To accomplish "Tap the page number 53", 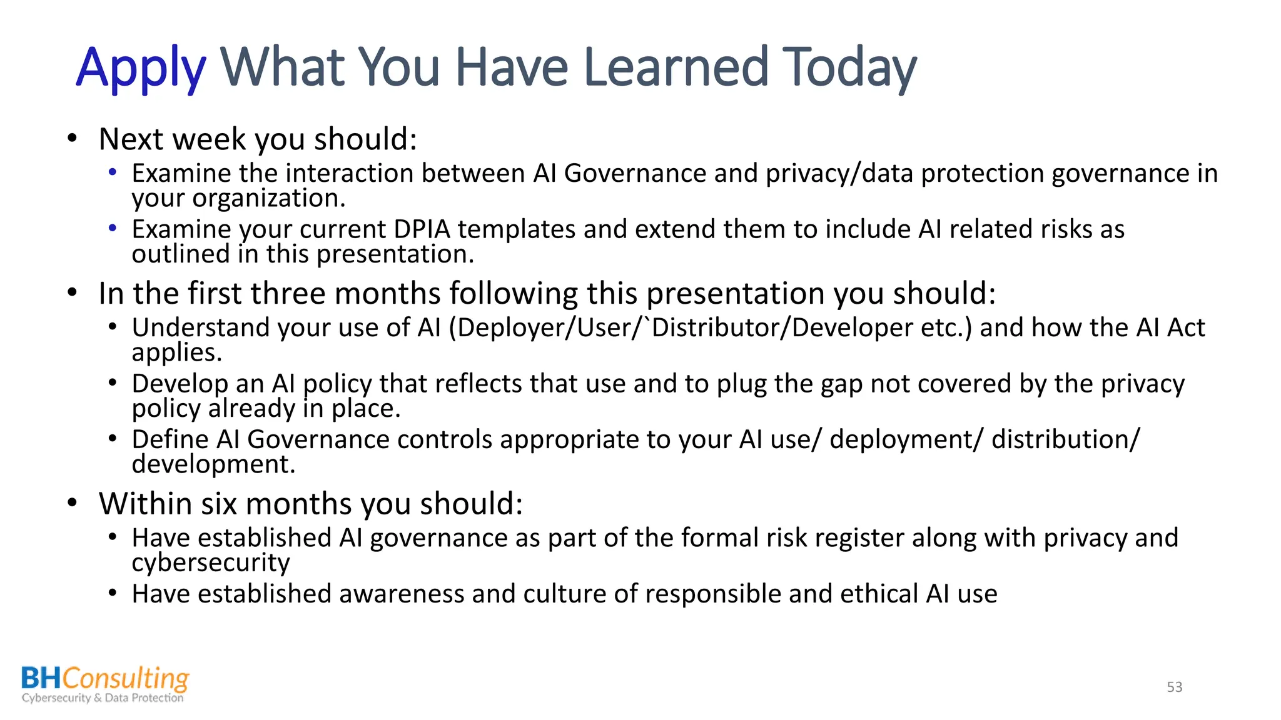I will coord(1174,687).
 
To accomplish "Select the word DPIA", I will coord(422,229).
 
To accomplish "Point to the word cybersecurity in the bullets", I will coord(211,563).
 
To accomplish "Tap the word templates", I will coord(516,229).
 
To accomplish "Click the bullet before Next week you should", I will coord(73,138).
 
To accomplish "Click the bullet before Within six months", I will coord(73,503).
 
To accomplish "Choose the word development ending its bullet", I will coord(212,464).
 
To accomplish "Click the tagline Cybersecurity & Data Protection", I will coord(103,698).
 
